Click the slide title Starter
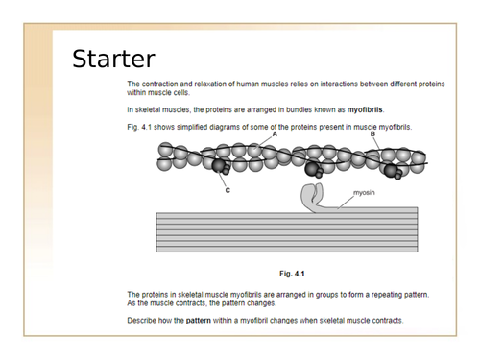click(x=113, y=59)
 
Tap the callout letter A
click(x=275, y=134)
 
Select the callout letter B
click(x=372, y=134)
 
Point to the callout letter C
click(x=228, y=190)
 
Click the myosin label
click(x=364, y=193)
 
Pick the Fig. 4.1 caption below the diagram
click(x=292, y=274)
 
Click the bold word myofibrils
click(x=365, y=109)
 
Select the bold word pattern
click(x=199, y=321)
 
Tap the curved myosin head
click(x=311, y=197)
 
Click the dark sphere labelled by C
click(x=219, y=165)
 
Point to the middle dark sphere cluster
click(x=313, y=169)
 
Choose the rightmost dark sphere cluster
click(x=393, y=171)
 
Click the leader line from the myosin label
click(x=346, y=202)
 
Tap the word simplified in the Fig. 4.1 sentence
click(x=192, y=127)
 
